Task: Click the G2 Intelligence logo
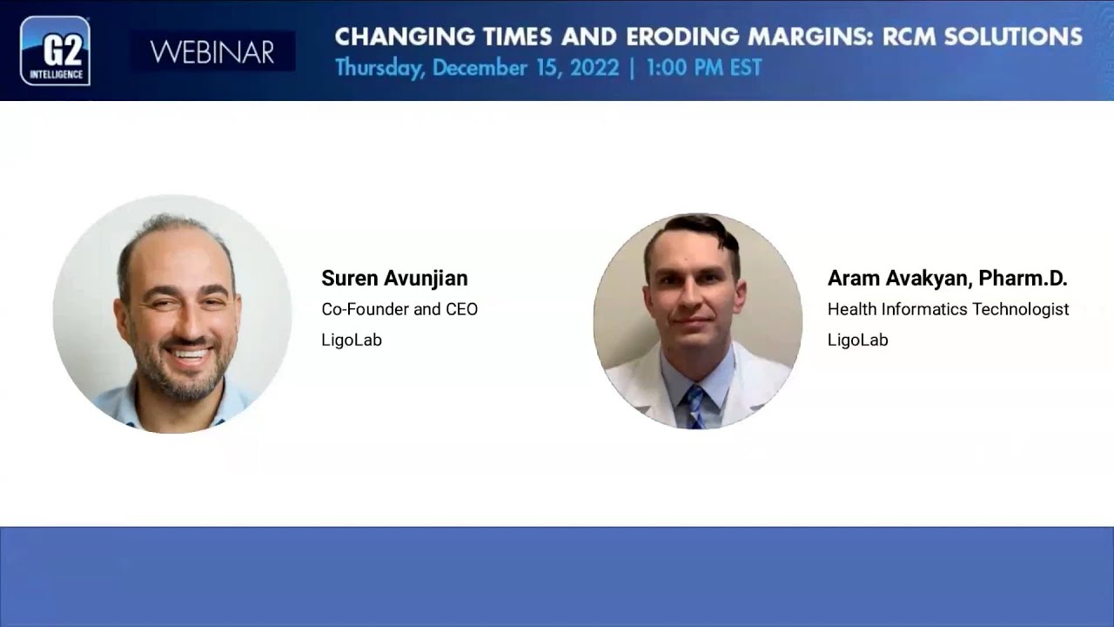tap(55, 51)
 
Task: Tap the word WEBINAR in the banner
tap(212, 52)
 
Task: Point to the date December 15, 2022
tap(527, 68)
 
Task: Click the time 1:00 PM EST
tap(703, 68)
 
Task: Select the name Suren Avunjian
tap(394, 278)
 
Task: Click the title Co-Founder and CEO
tap(399, 309)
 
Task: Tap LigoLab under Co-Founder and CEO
tap(352, 340)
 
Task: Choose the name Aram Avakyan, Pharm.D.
tap(947, 278)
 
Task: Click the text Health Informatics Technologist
tap(948, 309)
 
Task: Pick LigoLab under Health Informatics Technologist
tap(857, 340)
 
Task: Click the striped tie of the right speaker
tap(694, 405)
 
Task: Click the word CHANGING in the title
tap(390, 37)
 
